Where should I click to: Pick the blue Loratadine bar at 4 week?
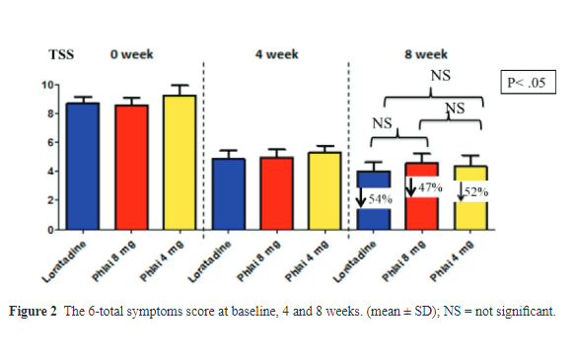click(x=229, y=193)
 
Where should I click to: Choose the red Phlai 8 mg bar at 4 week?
click(x=276, y=193)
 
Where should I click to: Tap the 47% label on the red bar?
click(x=430, y=186)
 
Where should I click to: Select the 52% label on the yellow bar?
click(x=476, y=191)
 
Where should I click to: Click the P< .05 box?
click(x=526, y=83)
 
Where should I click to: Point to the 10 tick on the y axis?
click(x=56, y=85)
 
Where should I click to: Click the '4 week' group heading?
click(x=276, y=56)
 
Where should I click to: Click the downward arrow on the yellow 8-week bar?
click(x=462, y=191)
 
